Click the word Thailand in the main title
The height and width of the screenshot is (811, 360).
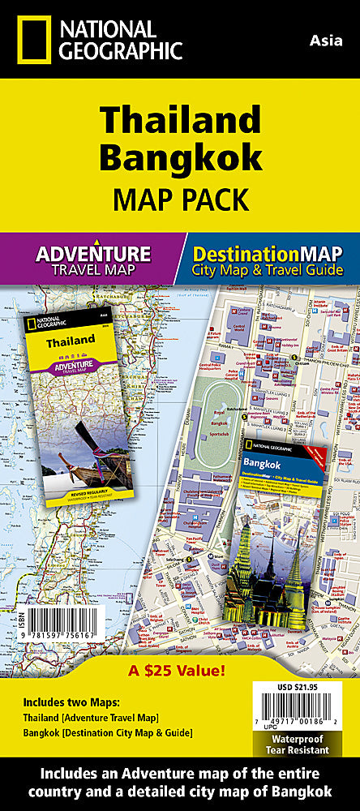180,121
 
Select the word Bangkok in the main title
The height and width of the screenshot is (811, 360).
180,157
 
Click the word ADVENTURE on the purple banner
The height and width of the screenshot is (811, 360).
93,252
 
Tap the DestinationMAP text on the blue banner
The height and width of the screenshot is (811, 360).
267,252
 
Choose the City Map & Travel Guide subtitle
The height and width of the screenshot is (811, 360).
267,270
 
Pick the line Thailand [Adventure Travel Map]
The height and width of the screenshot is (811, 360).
91,717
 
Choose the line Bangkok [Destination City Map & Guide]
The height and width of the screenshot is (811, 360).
108,733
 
